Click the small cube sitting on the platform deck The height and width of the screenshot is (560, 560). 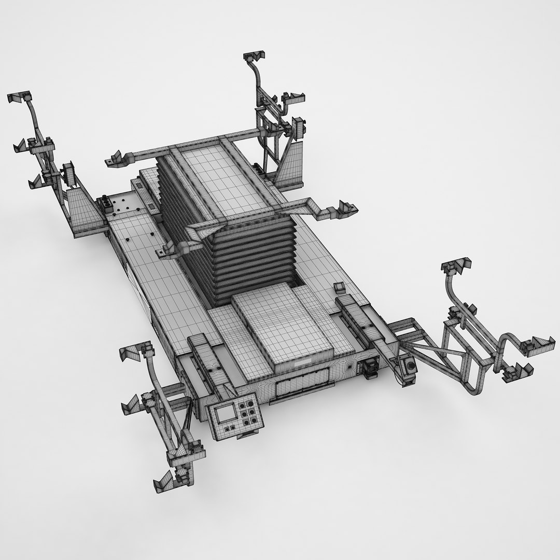click(340, 287)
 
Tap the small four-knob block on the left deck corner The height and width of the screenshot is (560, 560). click(107, 204)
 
